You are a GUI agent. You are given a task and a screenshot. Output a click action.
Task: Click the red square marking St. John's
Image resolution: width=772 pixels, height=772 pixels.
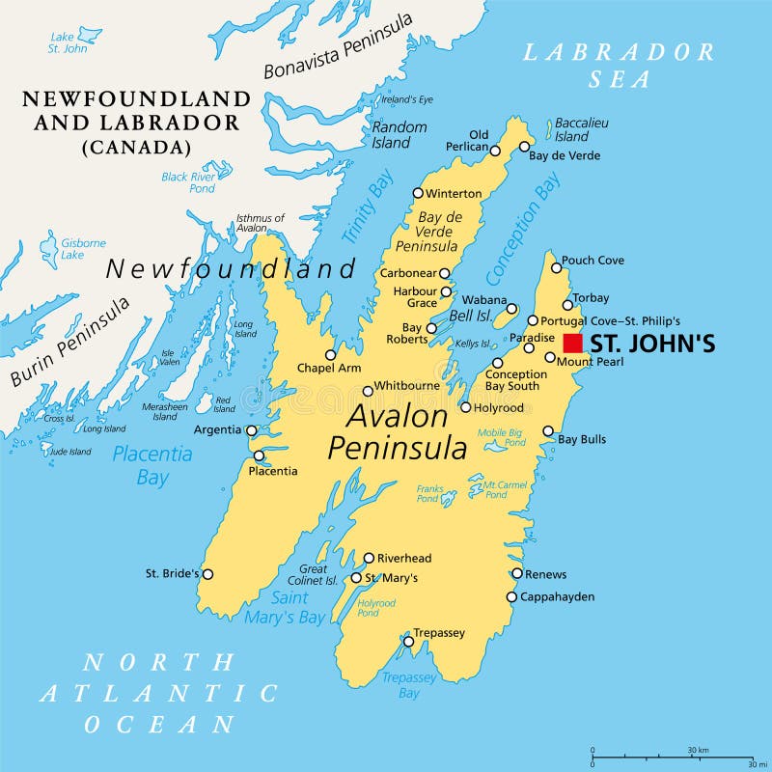572,343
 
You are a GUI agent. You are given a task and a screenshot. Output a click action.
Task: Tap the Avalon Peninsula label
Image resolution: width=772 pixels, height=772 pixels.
398,431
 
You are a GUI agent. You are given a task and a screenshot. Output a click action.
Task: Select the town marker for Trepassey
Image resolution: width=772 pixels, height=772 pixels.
408,641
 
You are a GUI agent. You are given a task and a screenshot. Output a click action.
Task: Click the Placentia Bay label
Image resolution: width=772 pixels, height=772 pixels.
152,465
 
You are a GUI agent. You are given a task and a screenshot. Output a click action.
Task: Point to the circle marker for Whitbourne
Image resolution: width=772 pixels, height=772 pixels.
368,391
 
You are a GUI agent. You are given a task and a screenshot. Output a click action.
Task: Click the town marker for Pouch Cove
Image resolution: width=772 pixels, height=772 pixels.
556,267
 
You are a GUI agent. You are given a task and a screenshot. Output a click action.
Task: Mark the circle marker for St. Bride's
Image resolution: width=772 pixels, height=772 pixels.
207,574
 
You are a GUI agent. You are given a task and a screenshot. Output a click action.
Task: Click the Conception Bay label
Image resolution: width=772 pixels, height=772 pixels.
522,229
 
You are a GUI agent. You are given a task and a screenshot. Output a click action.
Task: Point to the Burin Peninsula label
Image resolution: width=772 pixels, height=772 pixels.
70,341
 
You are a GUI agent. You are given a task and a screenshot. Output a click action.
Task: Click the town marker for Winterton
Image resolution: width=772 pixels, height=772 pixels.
418,193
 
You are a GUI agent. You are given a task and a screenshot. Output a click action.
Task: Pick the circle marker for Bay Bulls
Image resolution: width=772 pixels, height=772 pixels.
548,431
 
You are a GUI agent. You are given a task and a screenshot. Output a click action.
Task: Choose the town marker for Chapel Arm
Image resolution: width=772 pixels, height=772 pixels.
331,354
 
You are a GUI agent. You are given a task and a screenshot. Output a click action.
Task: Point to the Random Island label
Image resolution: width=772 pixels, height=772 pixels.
399,135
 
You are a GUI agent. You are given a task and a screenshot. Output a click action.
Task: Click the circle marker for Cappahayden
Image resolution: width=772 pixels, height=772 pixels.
511,596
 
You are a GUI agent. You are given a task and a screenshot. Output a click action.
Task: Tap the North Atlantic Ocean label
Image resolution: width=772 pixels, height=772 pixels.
159,693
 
